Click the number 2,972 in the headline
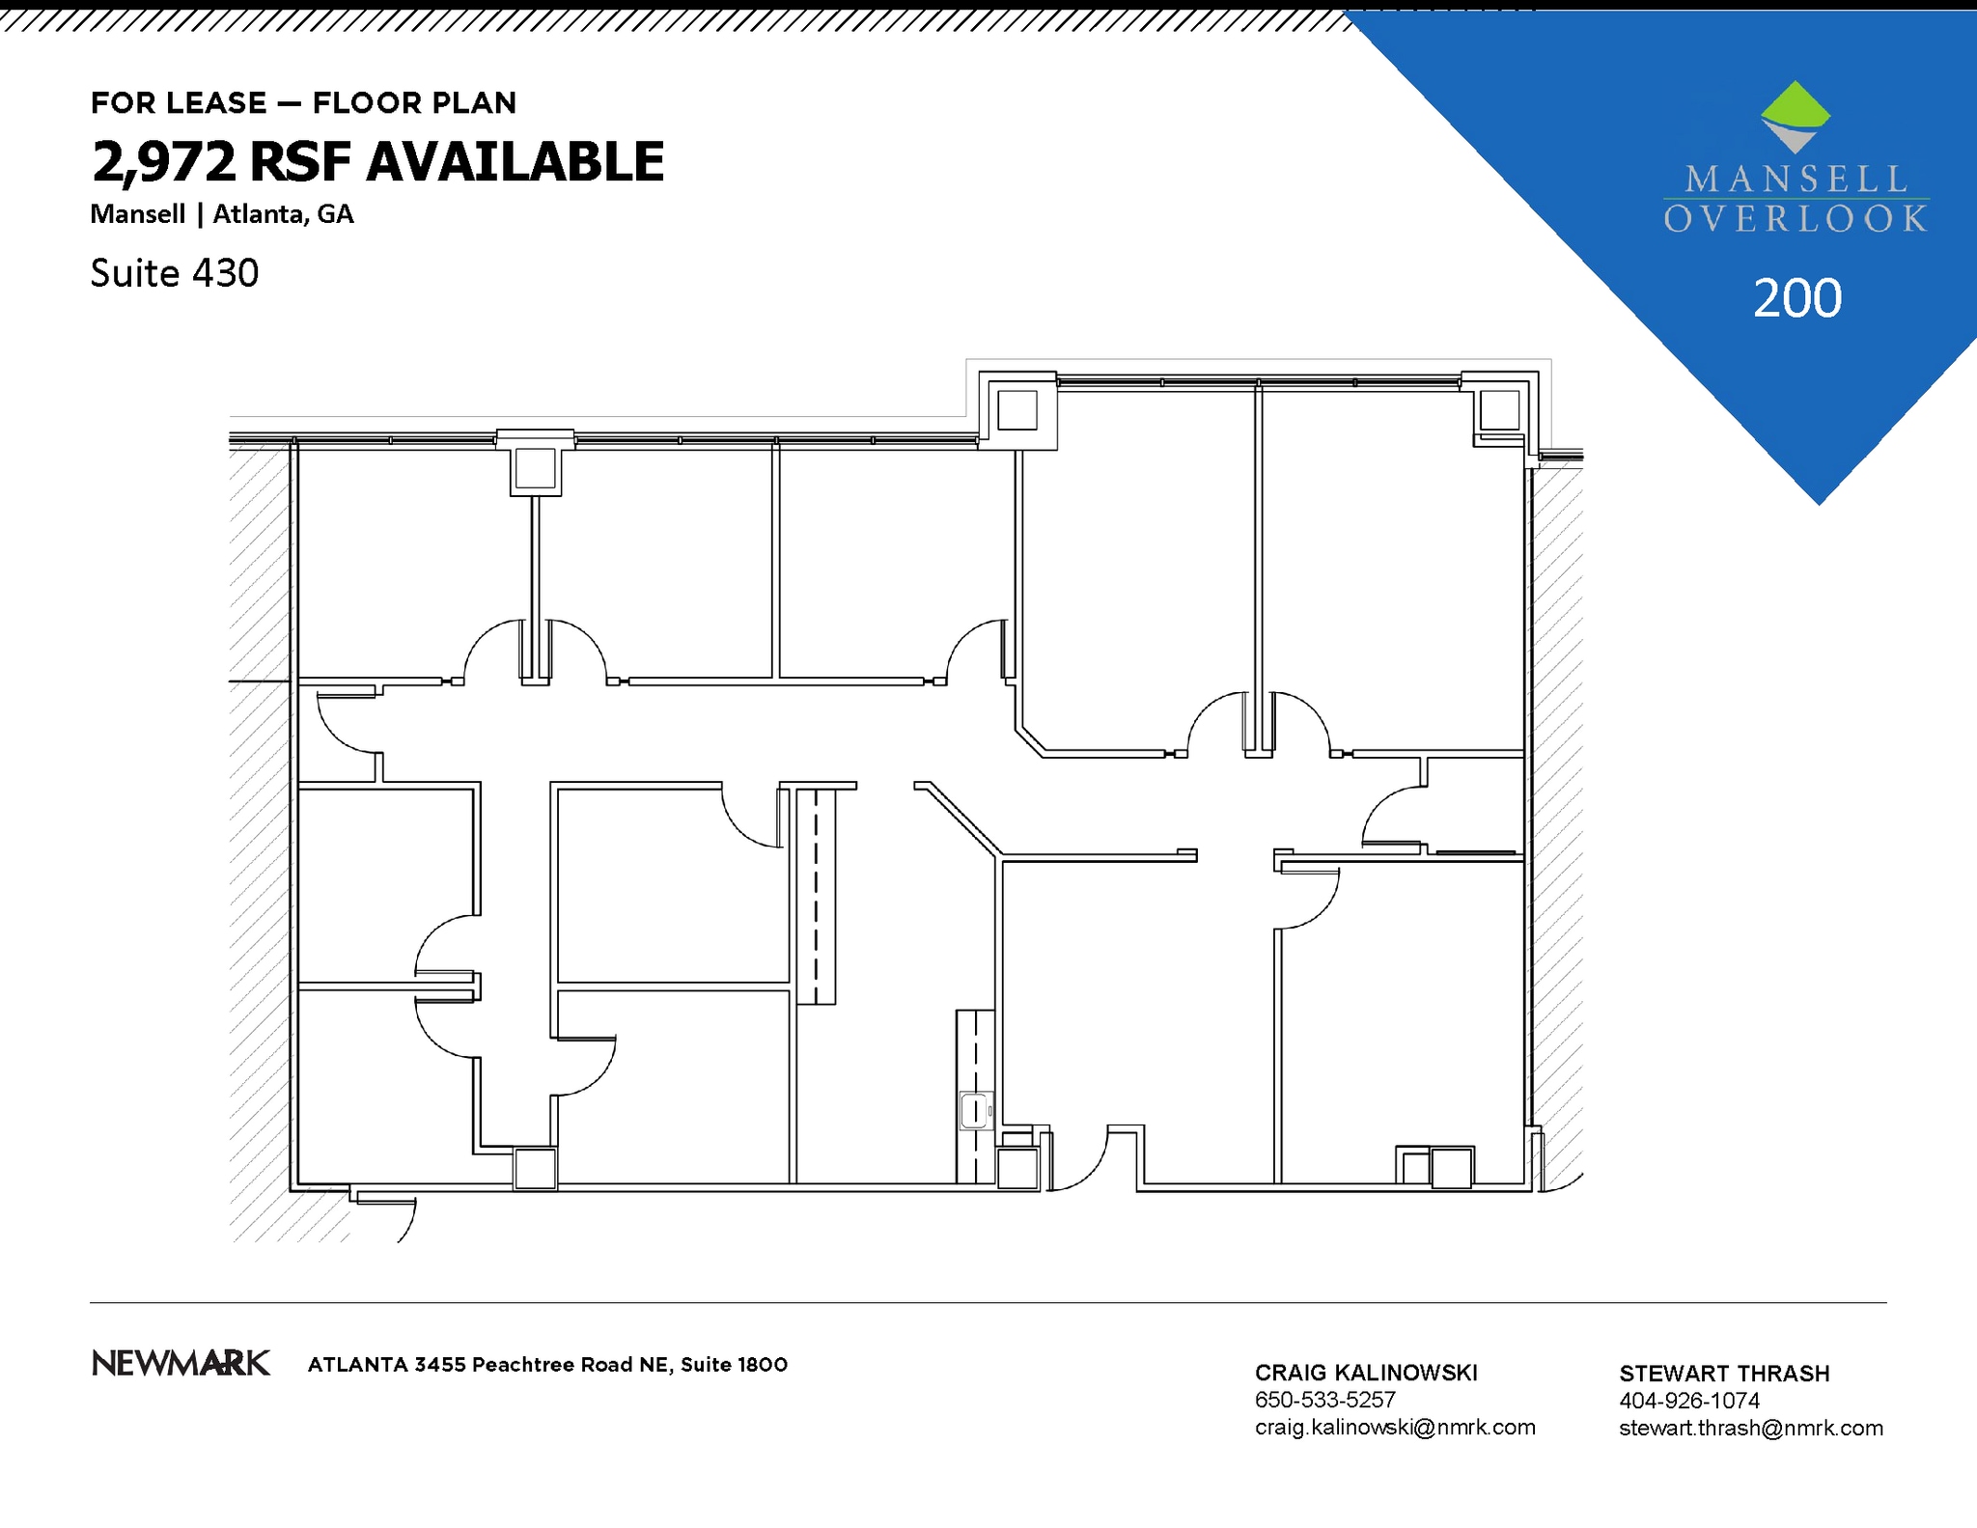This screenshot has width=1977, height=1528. pyautogui.click(x=163, y=161)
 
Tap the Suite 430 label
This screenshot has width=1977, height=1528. pyautogui.click(x=175, y=273)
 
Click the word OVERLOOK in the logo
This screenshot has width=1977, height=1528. pyautogui.click(x=1796, y=219)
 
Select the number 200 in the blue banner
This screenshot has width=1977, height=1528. pyautogui.click(x=1796, y=298)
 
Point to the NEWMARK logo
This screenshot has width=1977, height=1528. pyautogui.click(x=181, y=1363)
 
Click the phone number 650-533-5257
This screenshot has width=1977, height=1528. pyautogui.click(x=1324, y=1400)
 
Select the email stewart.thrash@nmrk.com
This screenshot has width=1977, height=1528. pyautogui.click(x=1750, y=1428)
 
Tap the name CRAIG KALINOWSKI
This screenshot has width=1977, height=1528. pyautogui.click(x=1365, y=1373)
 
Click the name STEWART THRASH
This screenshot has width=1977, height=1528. pyautogui.click(x=1724, y=1374)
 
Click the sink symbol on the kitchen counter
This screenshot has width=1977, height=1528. pyautogui.click(x=976, y=1110)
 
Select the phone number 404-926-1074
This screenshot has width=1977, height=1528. pyautogui.click(x=1689, y=1401)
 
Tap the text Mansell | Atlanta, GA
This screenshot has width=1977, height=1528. pyautogui.click(x=222, y=214)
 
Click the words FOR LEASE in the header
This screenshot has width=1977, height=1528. pyautogui.click(x=179, y=103)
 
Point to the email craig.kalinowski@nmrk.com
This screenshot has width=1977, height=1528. pyautogui.click(x=1394, y=1427)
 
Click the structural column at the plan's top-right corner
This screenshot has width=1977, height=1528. pyautogui.click(x=1498, y=410)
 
